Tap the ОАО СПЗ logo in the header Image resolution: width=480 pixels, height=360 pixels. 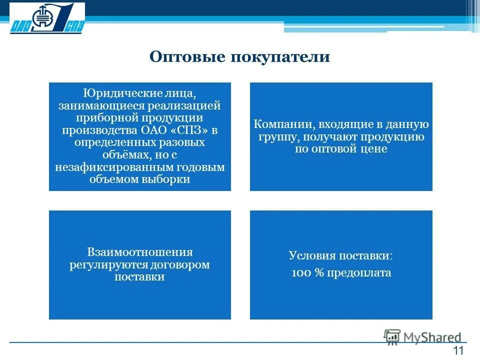47,18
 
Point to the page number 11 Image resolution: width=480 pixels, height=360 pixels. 457,350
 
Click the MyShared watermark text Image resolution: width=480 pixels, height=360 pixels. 433,336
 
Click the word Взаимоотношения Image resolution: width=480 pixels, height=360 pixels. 139,252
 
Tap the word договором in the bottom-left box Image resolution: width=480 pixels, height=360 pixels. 180,264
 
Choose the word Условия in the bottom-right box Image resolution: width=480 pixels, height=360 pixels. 310,255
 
